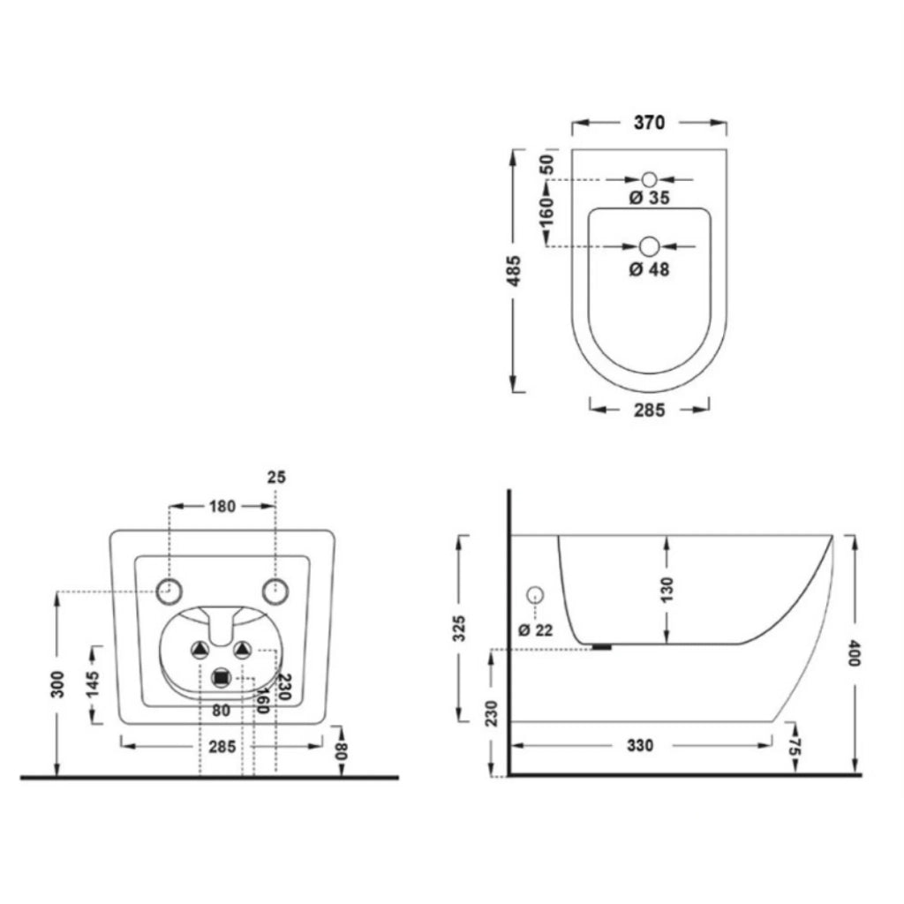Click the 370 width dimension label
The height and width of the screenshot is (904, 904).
[x=649, y=123]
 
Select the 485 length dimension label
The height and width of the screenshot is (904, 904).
[x=513, y=271]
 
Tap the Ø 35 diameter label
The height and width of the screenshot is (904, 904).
[x=649, y=198]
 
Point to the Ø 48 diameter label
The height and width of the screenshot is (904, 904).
[x=649, y=269]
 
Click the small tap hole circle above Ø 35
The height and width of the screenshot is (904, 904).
[x=649, y=179]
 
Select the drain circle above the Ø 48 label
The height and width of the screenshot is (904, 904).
[x=649, y=247]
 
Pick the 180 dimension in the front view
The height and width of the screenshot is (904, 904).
[x=222, y=506]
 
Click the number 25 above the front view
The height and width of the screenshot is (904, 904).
[x=276, y=478]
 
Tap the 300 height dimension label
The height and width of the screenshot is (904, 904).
[x=57, y=684]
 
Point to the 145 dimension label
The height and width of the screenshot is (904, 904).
[x=92, y=684]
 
